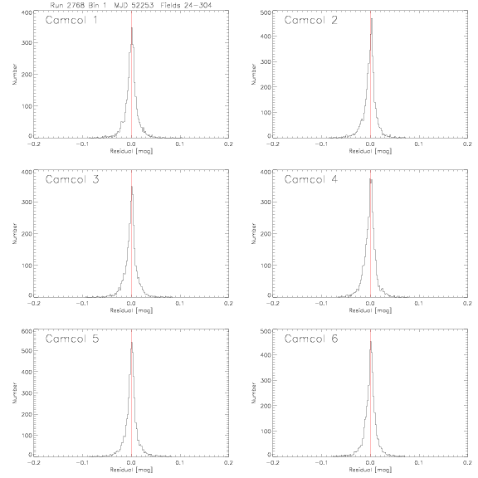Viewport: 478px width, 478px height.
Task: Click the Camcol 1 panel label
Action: [x=71, y=21]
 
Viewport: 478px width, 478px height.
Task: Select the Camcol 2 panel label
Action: [x=310, y=21]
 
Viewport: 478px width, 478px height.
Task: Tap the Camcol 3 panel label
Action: [x=72, y=179]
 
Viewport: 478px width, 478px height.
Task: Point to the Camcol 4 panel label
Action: [x=310, y=179]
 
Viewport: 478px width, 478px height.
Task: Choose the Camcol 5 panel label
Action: [x=72, y=339]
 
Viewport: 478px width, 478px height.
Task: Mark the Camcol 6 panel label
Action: [x=311, y=339]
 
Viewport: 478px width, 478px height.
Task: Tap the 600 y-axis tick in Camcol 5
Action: [x=27, y=331]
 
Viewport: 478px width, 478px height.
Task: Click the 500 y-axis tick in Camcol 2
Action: [x=266, y=12]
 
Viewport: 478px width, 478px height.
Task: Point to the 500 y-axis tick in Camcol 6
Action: [x=266, y=331]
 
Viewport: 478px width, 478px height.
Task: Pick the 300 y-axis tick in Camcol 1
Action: [x=27, y=42]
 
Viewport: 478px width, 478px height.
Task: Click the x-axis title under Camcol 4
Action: [x=370, y=310]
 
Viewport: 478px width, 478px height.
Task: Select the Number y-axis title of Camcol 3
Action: [x=14, y=233]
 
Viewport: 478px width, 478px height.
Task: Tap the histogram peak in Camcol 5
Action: [x=132, y=343]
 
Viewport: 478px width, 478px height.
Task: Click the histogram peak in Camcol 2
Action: [x=372, y=19]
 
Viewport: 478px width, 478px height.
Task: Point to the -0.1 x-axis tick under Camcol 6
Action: [x=321, y=462]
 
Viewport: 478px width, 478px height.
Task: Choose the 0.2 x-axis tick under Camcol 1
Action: [x=228, y=144]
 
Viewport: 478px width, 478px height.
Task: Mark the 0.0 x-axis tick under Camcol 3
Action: [x=131, y=304]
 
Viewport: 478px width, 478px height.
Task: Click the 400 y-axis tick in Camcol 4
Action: [x=266, y=172]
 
